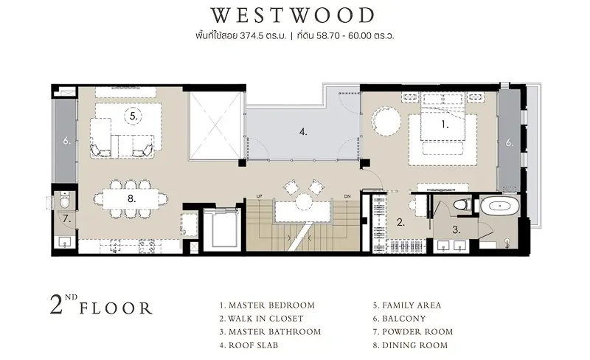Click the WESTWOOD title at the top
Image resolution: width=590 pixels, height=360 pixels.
pos(292,15)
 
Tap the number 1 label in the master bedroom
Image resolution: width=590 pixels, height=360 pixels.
pos(445,125)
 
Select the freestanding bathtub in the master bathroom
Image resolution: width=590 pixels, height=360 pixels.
pos(499,206)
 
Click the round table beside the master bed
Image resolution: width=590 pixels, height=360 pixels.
pos(386,121)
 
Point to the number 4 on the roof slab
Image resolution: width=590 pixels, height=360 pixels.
pos(303,132)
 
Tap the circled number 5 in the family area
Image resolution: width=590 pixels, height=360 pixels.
pos(133,116)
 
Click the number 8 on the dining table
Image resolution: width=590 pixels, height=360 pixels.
pos(131,198)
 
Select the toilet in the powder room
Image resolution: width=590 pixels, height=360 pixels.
pos(65,201)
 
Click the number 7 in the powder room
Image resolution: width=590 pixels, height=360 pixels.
pos(66,218)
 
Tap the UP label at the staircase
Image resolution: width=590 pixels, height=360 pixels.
pos(259,196)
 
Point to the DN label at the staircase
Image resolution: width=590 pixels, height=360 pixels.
pos(347,196)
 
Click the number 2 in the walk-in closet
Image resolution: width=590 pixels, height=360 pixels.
pos(400,223)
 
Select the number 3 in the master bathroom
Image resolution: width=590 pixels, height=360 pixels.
pos(456,229)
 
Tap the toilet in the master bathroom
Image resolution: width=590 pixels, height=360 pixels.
pos(462,205)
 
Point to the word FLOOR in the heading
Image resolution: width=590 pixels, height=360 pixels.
pos(116,308)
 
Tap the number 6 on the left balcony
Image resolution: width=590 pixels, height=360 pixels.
pos(66,141)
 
